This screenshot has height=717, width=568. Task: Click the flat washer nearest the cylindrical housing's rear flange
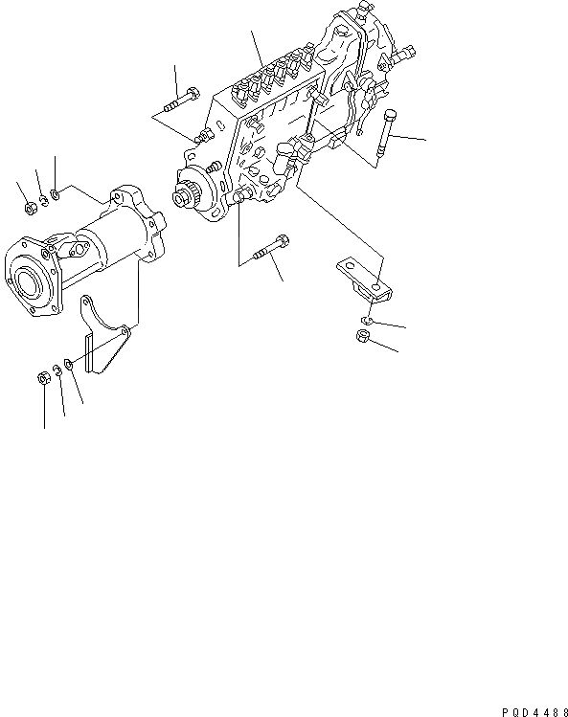[57, 195]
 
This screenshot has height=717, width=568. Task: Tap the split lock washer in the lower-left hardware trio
[58, 373]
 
